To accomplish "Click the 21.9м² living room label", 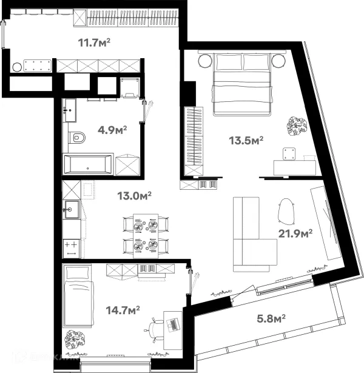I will pyautogui.click(x=295, y=232).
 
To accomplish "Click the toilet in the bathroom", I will pyautogui.click(x=77, y=139).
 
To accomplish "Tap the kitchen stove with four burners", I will pyautogui.click(x=71, y=246).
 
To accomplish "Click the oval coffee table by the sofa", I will pyautogui.click(x=285, y=212).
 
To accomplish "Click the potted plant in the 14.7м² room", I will pyautogui.click(x=76, y=337).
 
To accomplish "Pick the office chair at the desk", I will pyautogui.click(x=154, y=331).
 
